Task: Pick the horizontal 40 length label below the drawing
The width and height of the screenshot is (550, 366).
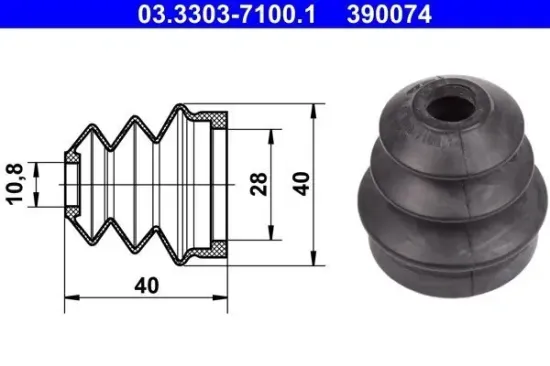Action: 147,285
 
